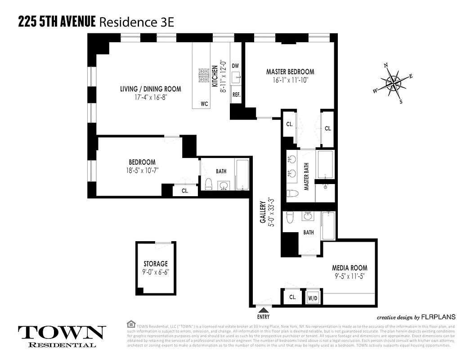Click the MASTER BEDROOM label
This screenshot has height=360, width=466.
click(x=290, y=72)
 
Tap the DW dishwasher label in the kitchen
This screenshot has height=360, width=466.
click(x=235, y=66)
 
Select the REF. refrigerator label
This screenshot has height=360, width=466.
click(x=236, y=95)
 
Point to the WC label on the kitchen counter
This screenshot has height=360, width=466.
click(x=204, y=104)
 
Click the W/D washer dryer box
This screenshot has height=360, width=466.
click(x=313, y=297)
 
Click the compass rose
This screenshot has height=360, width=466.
click(x=394, y=83)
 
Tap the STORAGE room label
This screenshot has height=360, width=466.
click(x=156, y=264)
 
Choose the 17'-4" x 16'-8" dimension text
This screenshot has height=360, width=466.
click(x=150, y=97)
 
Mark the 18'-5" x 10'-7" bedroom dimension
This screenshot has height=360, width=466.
click(x=142, y=170)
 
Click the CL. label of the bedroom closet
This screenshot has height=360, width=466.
click(x=185, y=190)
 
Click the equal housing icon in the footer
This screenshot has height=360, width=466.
click(x=131, y=323)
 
